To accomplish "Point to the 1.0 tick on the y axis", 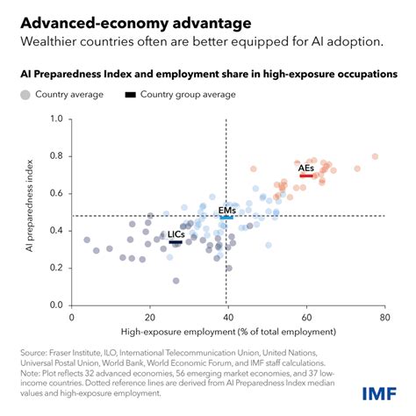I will click(57, 118).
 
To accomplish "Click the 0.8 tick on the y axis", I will click(57, 156).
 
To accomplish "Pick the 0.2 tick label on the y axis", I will click(57, 269).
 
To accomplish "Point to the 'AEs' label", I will click(306, 168).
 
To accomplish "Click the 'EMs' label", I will click(226, 212).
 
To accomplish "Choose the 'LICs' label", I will click(176, 235).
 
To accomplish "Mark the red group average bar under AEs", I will click(307, 176).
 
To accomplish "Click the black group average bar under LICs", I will click(176, 242).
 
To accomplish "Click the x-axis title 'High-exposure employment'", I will click(228, 331).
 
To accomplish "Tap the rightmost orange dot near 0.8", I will click(375, 156).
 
